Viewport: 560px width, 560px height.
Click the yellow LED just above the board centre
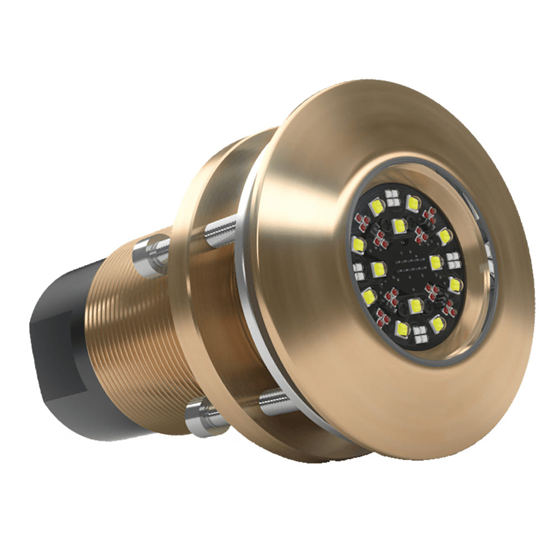click(399, 226)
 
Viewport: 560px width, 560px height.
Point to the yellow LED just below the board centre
click(415, 306)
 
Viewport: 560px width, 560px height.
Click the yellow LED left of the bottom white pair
click(402, 328)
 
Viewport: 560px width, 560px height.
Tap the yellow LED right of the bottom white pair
click(438, 323)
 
